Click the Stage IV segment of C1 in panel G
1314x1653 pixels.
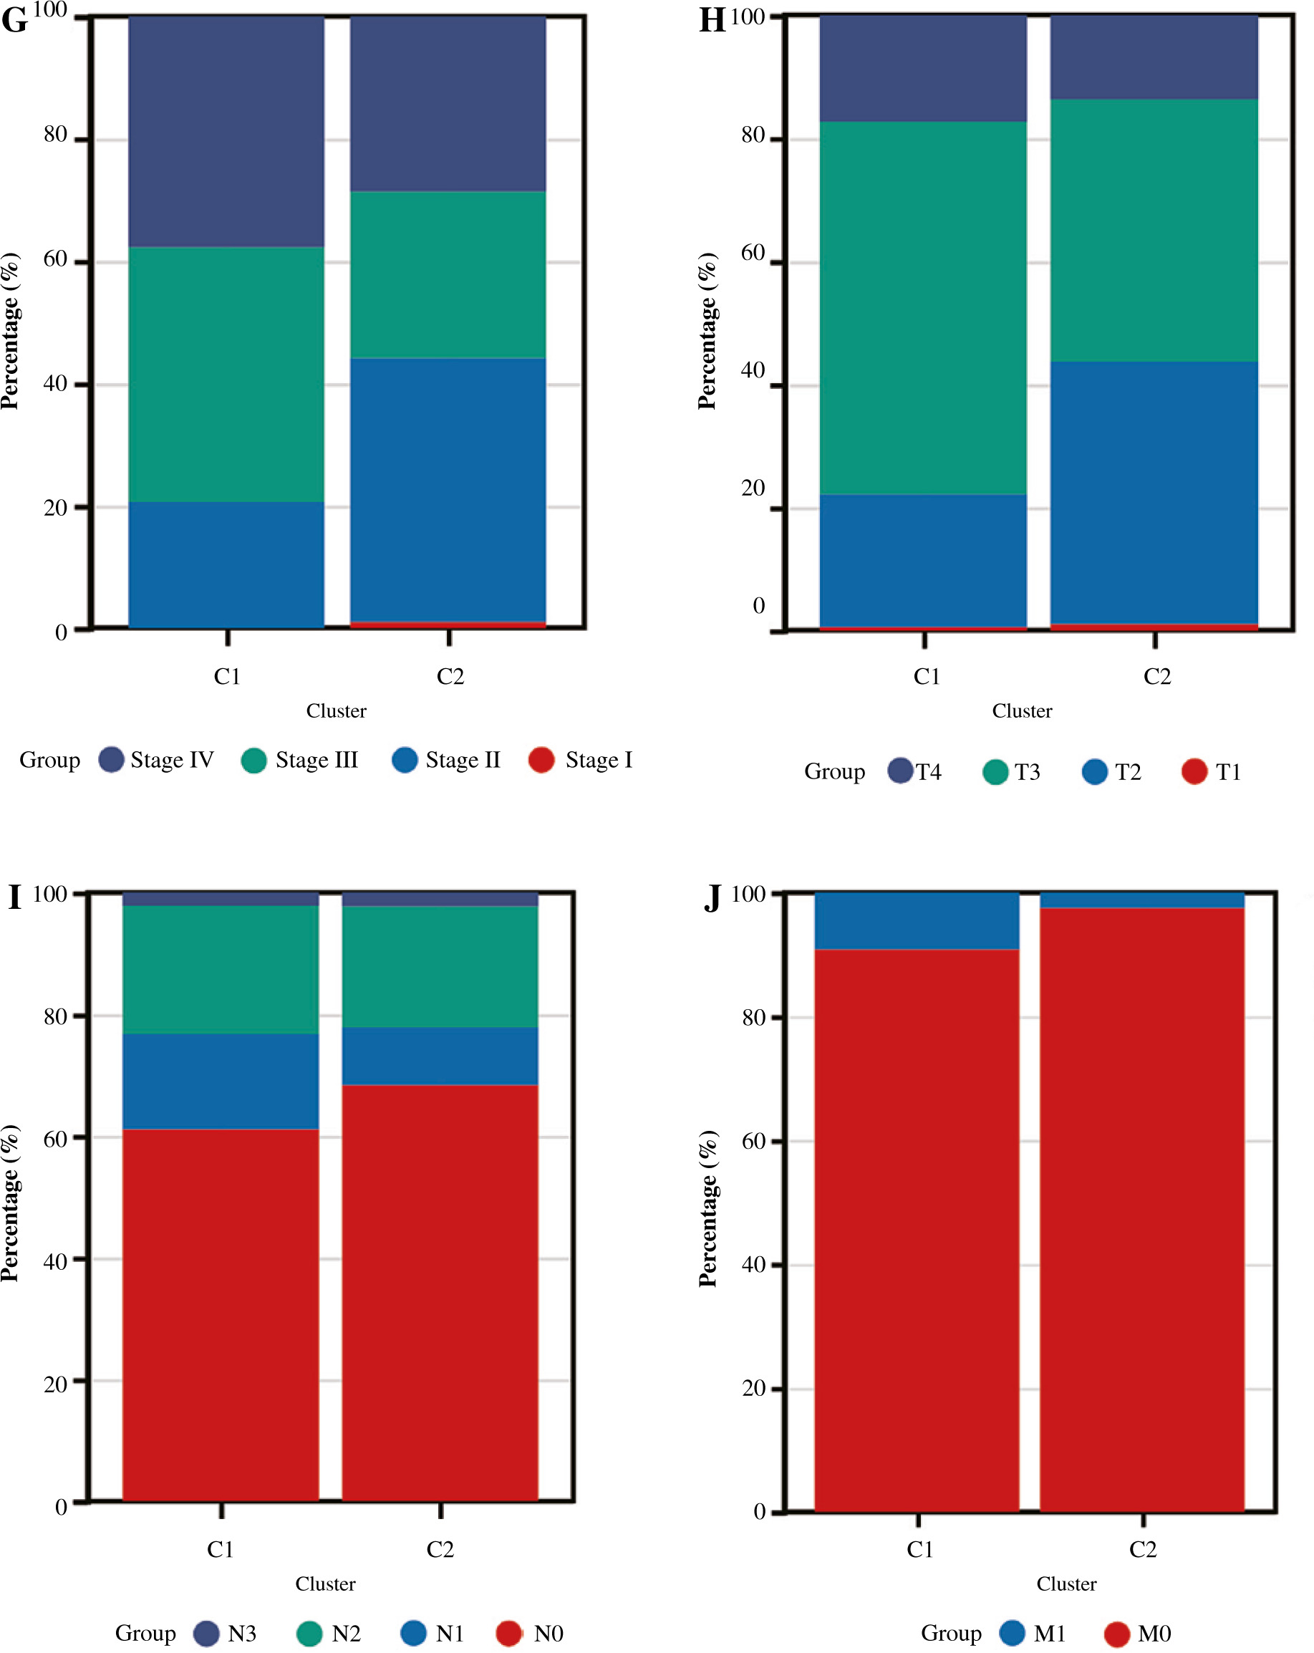[x=226, y=130]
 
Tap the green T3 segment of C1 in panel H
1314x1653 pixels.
[x=922, y=307]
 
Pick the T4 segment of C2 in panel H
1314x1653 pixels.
[x=1153, y=57]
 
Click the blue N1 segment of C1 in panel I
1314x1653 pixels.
[x=221, y=1080]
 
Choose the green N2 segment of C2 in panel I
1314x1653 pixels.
[x=440, y=966]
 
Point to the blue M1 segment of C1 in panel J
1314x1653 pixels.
[x=916, y=921]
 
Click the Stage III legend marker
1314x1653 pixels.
[x=253, y=761]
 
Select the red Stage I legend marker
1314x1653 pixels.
[x=541, y=760]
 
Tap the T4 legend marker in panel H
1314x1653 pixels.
[x=900, y=771]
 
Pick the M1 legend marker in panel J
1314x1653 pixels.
[x=1013, y=1632]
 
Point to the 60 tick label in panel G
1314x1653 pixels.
[x=55, y=259]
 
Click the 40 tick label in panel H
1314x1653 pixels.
[x=753, y=370]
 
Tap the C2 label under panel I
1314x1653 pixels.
[x=440, y=1548]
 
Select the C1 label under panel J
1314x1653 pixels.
[x=920, y=1548]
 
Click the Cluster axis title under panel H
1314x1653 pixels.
[x=1022, y=710]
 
